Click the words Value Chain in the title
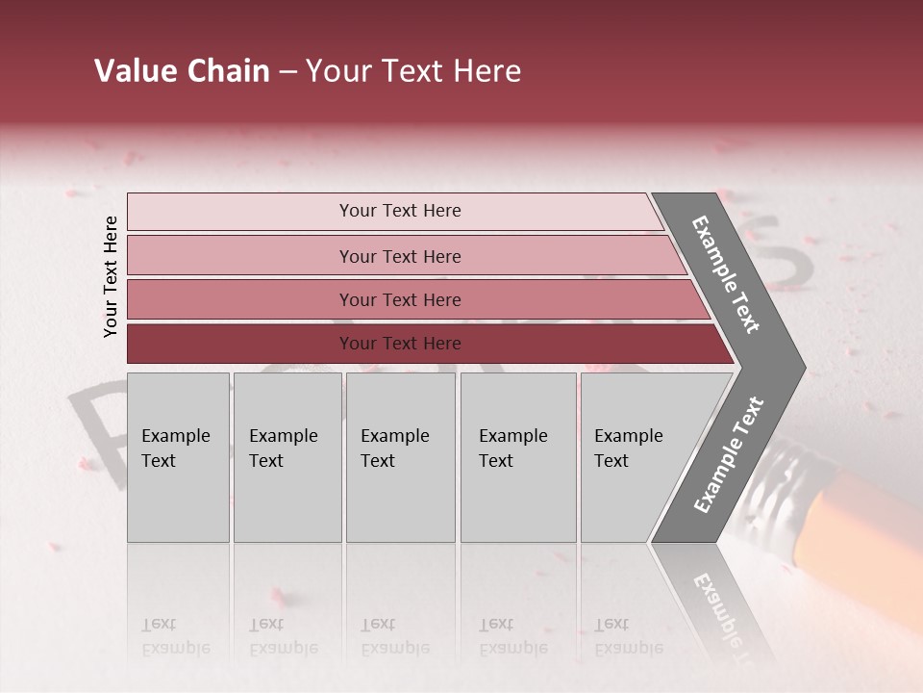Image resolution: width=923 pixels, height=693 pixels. point(182,71)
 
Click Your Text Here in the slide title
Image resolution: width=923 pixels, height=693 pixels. point(412,71)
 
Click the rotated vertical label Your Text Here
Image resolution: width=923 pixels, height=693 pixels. point(111,276)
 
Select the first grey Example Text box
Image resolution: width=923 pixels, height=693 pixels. point(178,457)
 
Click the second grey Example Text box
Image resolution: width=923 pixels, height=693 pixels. point(287,457)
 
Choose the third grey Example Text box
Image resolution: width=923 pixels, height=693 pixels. point(400,457)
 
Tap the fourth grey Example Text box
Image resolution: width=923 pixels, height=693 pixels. point(517,457)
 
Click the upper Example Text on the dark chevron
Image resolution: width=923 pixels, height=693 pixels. point(726,274)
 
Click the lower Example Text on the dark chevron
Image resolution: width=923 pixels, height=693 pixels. point(729,454)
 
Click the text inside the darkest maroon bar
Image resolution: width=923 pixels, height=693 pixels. point(400,344)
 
